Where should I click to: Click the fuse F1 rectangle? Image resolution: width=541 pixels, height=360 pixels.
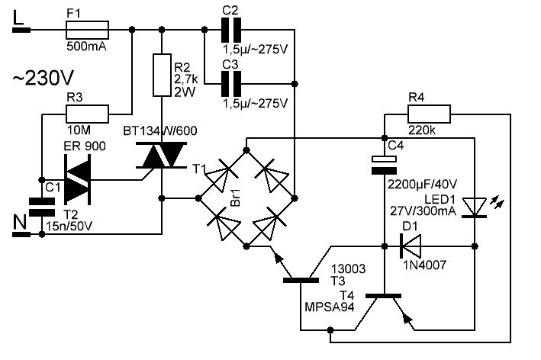coord(89,30)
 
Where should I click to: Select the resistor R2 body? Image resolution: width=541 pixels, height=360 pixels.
coord(161,74)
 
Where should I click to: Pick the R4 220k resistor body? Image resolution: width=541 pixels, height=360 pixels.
coord(429,114)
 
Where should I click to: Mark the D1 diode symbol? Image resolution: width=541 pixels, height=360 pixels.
coord(411,246)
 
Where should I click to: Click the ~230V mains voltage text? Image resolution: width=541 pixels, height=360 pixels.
coord(42,78)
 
